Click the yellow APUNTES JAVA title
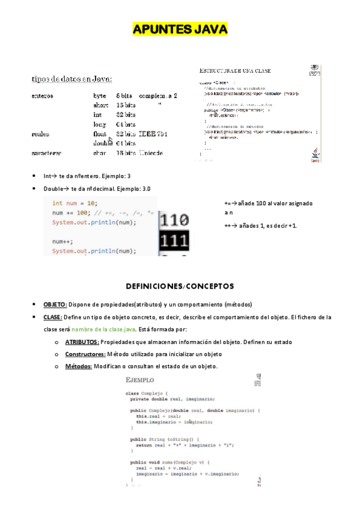click(180, 29)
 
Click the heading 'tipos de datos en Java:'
click(72, 79)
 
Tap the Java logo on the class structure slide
click(314, 155)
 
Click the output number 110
click(174, 220)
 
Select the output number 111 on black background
click(174, 241)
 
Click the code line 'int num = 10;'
click(75, 203)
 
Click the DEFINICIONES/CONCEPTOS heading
click(180, 285)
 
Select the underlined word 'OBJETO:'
click(55, 304)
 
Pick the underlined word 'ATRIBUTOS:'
click(82, 342)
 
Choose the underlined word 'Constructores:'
click(85, 354)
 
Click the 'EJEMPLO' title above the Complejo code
click(139, 380)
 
